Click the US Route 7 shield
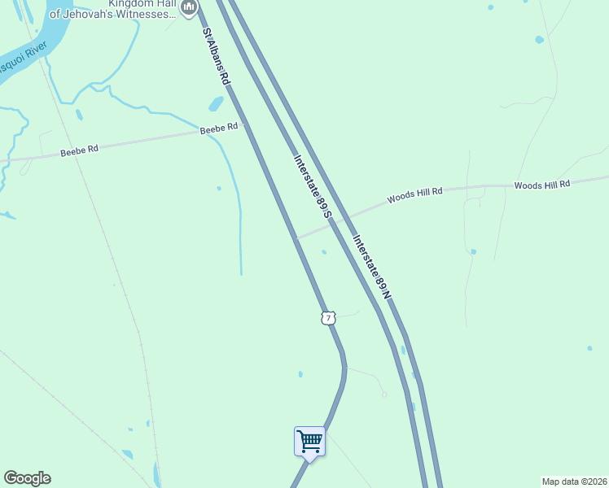[328, 318]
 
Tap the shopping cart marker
[309, 442]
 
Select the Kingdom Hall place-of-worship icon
[190, 7]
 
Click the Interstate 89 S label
[313, 186]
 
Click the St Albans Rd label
[216, 58]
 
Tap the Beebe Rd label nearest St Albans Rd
[219, 128]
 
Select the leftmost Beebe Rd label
[79, 150]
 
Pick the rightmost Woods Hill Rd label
[542, 185]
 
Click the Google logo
[27, 478]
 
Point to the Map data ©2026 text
[573, 481]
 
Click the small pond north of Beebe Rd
[216, 104]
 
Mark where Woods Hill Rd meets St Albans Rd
[296, 238]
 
